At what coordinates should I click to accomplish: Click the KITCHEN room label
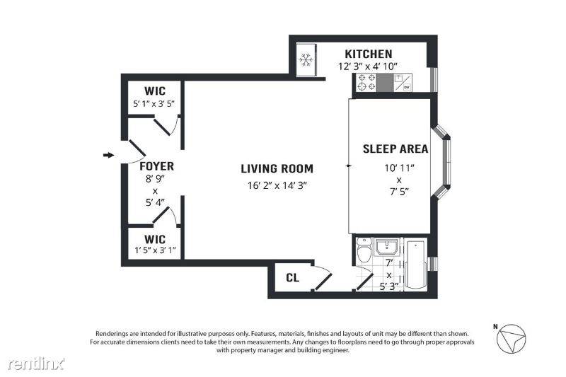click(368, 54)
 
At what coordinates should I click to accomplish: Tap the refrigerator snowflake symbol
click(306, 59)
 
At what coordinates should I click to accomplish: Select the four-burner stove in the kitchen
click(366, 82)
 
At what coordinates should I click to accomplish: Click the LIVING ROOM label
click(277, 168)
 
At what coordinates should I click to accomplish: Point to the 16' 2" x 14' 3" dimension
click(277, 185)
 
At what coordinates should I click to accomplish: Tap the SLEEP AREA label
click(395, 149)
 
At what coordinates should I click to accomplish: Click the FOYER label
click(156, 166)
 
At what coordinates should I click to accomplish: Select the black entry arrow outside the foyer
click(108, 155)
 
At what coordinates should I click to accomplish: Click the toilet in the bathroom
click(364, 250)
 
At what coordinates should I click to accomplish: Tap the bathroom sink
click(386, 246)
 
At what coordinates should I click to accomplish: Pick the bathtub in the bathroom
click(416, 265)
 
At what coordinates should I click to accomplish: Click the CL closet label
click(292, 278)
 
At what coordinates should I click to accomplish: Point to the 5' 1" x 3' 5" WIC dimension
click(154, 104)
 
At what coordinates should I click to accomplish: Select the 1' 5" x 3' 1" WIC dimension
click(155, 250)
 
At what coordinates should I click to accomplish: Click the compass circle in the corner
click(512, 339)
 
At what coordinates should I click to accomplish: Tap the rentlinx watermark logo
click(36, 364)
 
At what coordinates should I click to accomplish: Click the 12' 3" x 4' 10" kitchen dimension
click(368, 66)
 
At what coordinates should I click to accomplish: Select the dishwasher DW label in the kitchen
click(407, 87)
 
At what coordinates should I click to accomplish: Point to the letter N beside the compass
click(495, 327)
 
